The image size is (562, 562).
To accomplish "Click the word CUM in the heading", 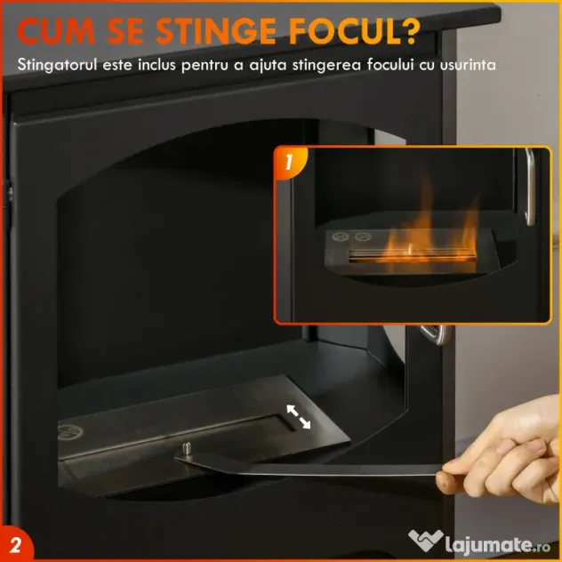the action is coord(56,31).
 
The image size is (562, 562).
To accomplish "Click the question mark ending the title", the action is coord(409,31).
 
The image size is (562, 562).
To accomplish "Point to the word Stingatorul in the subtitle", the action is coord(57,65).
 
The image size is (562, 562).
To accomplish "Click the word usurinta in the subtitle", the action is coord(468,66).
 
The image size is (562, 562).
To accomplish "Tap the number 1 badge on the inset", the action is coord(289,163).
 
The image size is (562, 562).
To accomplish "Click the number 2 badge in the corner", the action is coord(15,545).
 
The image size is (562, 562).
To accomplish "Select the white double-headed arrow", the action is coord(298,416).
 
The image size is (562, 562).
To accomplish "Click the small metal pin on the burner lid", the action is coord(187,448).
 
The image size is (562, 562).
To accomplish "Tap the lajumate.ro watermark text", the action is coord(497,545).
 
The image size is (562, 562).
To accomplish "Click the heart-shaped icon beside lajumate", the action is coord(425,540).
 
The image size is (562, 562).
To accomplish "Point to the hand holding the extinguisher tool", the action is coord(502,459).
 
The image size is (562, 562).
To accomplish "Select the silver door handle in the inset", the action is coord(530,187).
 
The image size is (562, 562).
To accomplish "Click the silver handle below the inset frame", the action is coord(435,334).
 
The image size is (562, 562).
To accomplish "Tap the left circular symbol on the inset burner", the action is coord(341,237).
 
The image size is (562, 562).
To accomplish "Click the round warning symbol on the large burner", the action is coord(70,432).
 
